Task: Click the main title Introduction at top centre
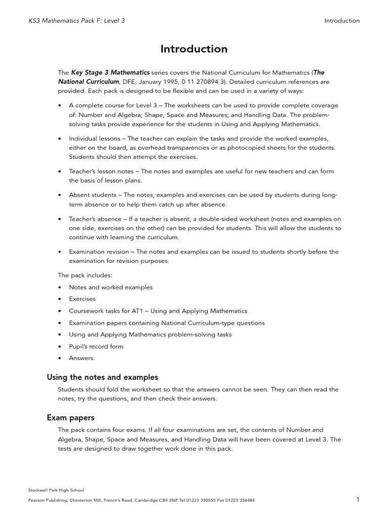coord(194,49)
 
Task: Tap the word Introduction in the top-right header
coord(342,21)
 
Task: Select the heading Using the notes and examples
coord(103,377)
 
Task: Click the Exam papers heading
coord(71,417)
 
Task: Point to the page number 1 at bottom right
coord(358,500)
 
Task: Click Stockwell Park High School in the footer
coord(56,490)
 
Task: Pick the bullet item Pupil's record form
coord(96,347)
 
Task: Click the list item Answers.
coord(82,358)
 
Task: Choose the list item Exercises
coord(82,299)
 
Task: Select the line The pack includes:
coord(85,275)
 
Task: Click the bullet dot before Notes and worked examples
coord(60,287)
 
